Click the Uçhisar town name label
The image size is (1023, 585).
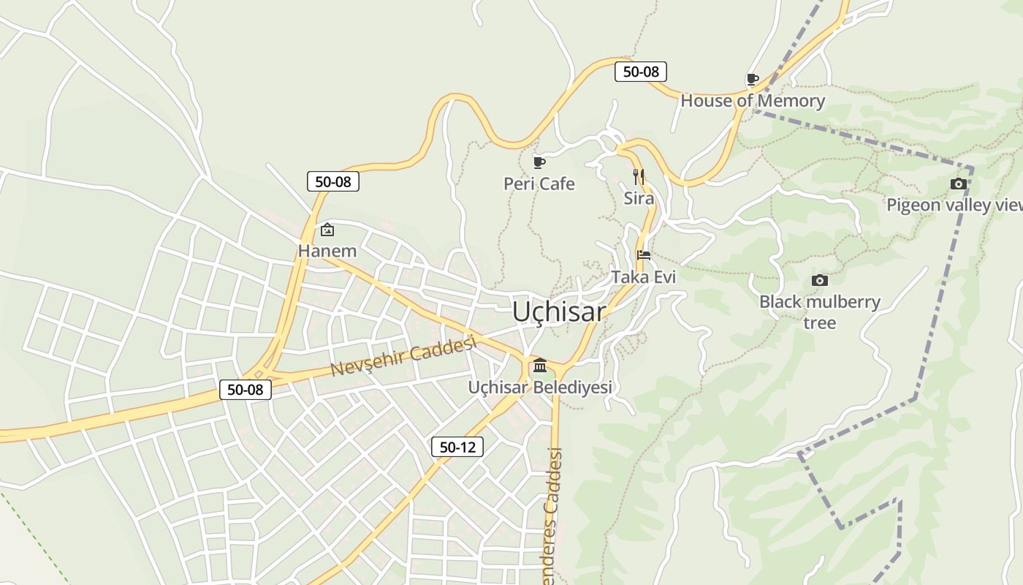(558, 312)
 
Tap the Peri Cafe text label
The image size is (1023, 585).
(539, 184)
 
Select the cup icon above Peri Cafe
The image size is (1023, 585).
(539, 162)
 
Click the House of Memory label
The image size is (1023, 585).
(753, 101)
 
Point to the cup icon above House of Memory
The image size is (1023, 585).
(752, 79)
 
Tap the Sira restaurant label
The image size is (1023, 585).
(639, 198)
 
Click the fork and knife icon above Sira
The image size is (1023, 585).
(639, 176)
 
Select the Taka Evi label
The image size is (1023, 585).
(644, 277)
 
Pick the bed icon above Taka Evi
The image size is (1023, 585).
(644, 255)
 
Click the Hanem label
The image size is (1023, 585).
(327, 251)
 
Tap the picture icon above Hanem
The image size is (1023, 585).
(327, 230)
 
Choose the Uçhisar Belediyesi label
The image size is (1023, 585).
(540, 387)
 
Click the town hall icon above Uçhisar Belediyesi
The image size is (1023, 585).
(540, 366)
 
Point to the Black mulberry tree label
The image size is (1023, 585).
(820, 312)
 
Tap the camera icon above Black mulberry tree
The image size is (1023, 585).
(820, 280)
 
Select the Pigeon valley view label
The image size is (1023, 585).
(954, 205)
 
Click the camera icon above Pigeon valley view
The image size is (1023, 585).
(959, 184)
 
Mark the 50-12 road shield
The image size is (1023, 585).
(457, 447)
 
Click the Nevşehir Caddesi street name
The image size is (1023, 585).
(403, 357)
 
